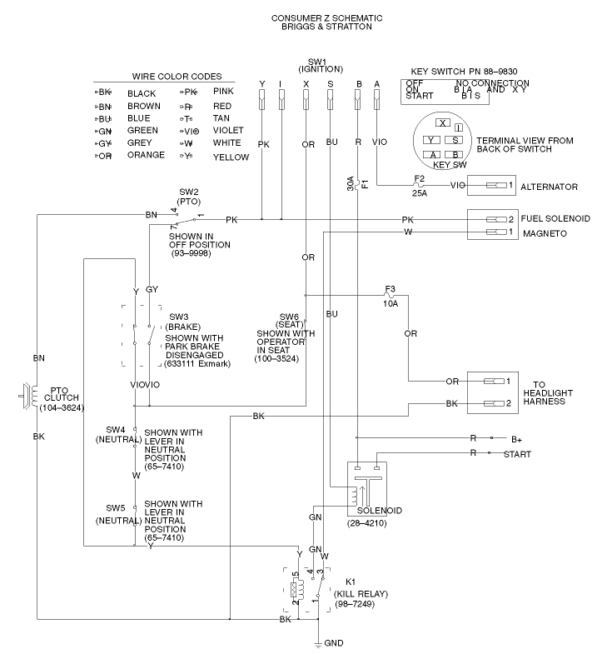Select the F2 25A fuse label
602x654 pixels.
pos(420,184)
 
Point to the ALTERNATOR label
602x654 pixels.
pos(550,187)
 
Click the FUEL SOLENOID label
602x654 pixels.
pos(555,219)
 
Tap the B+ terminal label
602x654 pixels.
pos(516,438)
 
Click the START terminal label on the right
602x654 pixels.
pos(516,454)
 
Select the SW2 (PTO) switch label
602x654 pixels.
pos(190,196)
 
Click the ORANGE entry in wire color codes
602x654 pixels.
pos(147,155)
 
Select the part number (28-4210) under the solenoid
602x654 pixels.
pos(366,523)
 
